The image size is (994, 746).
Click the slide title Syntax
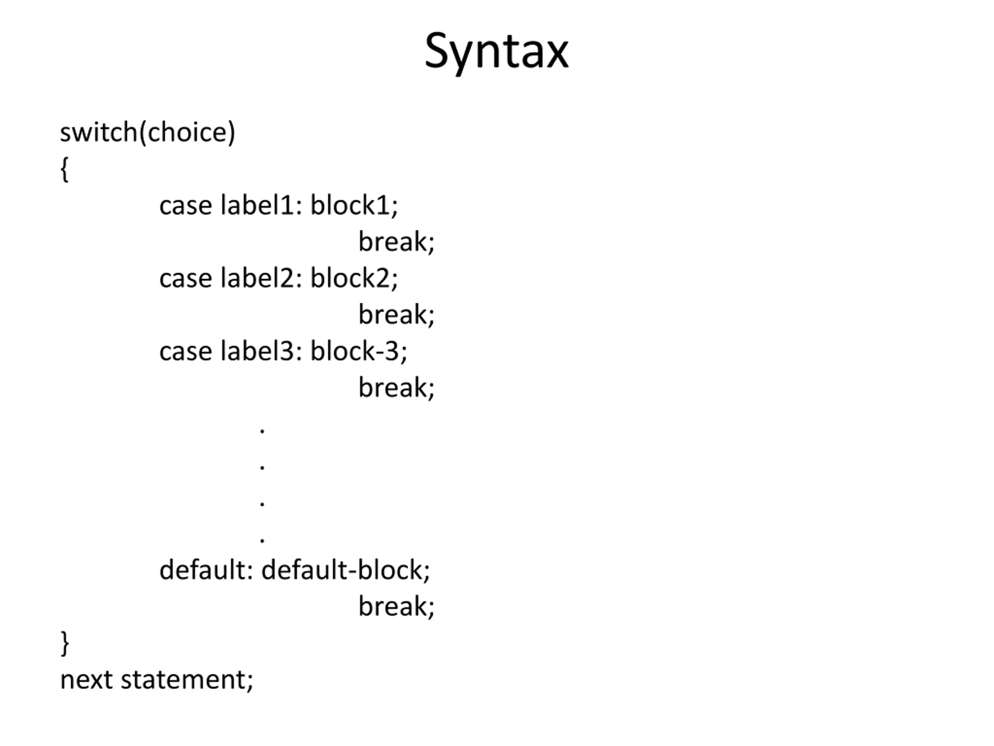(497, 51)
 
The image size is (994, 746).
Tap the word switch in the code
(99, 132)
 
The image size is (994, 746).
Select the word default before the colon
(202, 570)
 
